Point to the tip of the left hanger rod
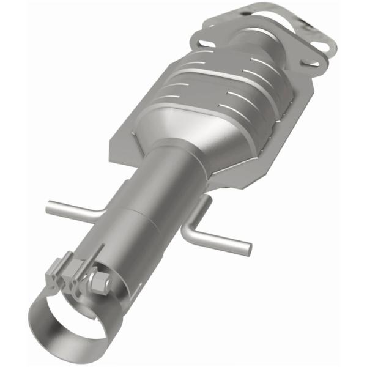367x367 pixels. tap(49, 207)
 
